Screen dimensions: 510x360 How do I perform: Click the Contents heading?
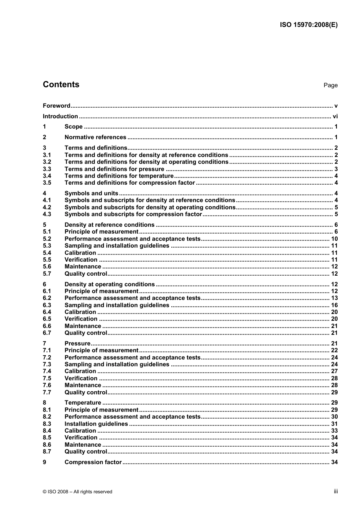[61, 85]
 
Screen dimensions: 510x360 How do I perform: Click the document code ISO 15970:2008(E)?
[308, 25]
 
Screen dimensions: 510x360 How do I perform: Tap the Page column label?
[330, 85]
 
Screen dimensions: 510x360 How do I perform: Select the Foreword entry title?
[56, 106]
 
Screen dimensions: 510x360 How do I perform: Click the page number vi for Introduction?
[335, 116]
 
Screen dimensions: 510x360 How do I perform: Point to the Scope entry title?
[74, 127]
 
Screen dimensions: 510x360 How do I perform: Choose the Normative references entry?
[95, 137]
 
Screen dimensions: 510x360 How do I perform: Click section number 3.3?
[47, 169]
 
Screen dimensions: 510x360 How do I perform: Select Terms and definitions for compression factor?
[130, 183]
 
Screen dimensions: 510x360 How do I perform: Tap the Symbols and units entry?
[91, 193]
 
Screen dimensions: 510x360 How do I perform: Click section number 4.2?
[47, 207]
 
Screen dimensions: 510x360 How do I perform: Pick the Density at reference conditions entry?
[110, 225]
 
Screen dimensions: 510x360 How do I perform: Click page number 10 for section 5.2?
[334, 239]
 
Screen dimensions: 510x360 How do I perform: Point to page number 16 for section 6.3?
[334, 305]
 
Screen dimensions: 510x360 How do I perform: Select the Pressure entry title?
[77, 344]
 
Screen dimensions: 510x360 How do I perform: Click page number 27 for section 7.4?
[334, 371]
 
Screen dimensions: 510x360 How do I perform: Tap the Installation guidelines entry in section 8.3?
[96, 424]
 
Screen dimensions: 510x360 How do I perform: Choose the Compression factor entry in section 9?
[93, 462]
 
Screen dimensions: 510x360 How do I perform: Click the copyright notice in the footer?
[78, 492]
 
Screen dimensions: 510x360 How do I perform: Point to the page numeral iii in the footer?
[336, 491]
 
